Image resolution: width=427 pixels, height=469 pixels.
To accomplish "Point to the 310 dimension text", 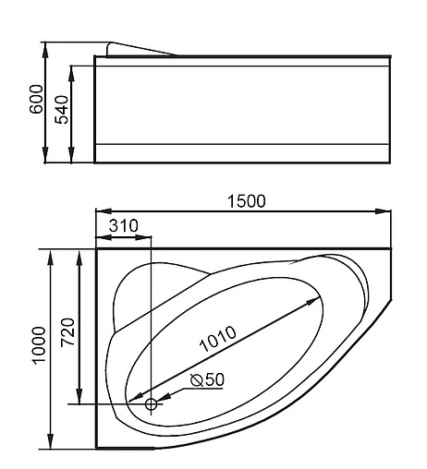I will click(x=124, y=225).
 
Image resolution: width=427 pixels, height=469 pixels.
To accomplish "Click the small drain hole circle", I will click(x=152, y=403).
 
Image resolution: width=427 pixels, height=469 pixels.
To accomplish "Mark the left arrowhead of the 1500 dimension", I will click(x=100, y=210).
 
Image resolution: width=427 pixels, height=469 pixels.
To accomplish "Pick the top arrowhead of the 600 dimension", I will click(x=48, y=46).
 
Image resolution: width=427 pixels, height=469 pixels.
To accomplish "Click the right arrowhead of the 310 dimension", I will click(x=146, y=235).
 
